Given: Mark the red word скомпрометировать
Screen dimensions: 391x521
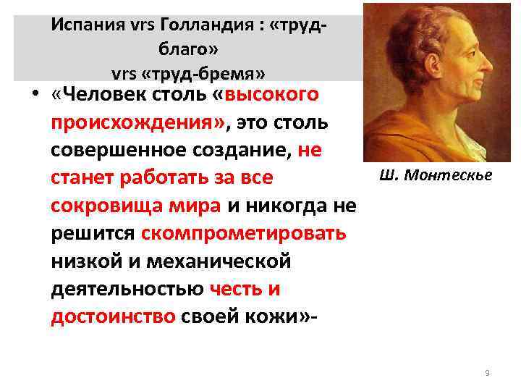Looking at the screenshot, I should pyautogui.click(x=244, y=234).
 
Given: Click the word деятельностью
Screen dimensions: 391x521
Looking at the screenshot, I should pyautogui.click(x=127, y=290).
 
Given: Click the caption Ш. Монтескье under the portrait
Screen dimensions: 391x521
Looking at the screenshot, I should pyautogui.click(x=435, y=175).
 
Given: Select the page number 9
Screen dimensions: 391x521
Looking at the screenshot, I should pyautogui.click(x=487, y=372).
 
